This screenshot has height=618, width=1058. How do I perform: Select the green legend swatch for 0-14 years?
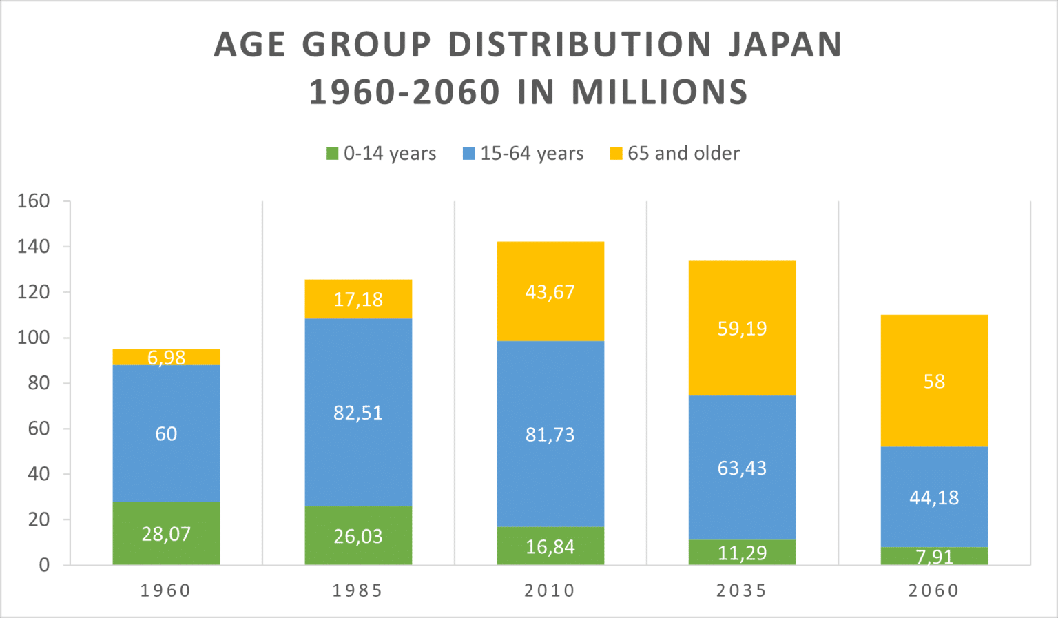[x=333, y=154]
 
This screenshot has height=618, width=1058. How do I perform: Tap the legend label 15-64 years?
[x=532, y=154]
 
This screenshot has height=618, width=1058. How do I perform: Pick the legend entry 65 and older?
[x=683, y=154]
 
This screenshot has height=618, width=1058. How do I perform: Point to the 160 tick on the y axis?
[x=34, y=201]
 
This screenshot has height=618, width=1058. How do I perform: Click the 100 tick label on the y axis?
[x=34, y=338]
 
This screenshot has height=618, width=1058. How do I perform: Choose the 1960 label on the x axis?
[x=166, y=590]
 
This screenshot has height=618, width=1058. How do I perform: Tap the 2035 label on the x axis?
[x=742, y=590]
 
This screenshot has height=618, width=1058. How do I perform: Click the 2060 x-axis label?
[x=934, y=590]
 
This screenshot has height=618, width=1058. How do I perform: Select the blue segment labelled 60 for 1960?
[x=166, y=433]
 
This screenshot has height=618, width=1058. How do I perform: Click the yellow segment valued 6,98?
[x=166, y=357]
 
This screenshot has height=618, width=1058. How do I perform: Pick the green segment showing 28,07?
[x=166, y=534]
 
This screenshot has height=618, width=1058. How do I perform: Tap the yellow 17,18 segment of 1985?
[x=358, y=299]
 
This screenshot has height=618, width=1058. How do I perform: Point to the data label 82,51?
[x=358, y=413]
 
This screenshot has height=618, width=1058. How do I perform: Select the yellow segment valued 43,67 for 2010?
[x=550, y=291]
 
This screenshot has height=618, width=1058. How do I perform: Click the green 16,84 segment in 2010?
[x=550, y=546]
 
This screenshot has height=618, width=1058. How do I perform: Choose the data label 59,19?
[x=742, y=329]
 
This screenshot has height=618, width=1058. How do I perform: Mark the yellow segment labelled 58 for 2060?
[x=934, y=381]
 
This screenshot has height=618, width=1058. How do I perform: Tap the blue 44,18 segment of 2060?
[x=934, y=497]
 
